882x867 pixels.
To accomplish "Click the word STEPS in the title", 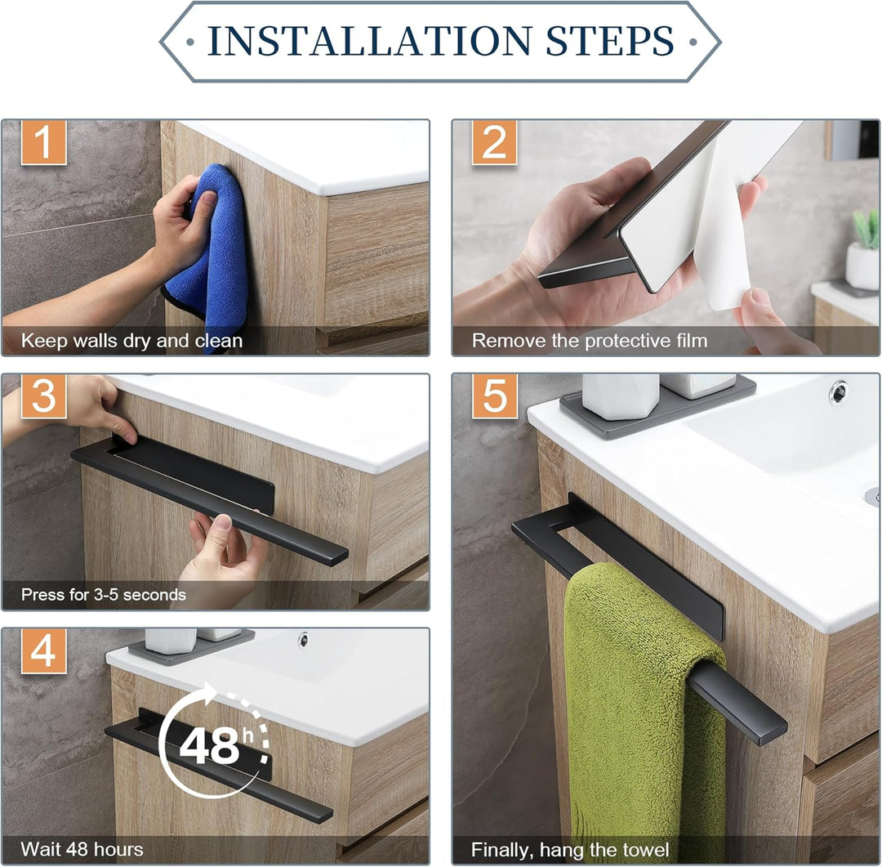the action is tap(610, 41).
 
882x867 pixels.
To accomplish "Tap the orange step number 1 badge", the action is tap(44, 142).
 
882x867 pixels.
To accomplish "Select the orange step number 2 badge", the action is tap(494, 142).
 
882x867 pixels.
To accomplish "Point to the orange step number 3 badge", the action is tap(44, 396).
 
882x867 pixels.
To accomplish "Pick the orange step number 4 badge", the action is tap(44, 651).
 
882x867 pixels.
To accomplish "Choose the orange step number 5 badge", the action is tap(494, 396).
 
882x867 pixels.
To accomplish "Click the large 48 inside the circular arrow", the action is tap(209, 746).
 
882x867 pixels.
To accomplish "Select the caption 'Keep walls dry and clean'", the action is tap(131, 341).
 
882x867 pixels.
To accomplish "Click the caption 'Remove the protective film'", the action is tap(590, 341).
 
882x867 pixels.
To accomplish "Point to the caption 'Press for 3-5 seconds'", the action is tap(104, 595).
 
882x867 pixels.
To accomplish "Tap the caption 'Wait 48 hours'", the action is tap(82, 849).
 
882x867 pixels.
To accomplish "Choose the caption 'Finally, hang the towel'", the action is tap(570, 850).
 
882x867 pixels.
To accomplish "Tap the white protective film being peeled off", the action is tap(726, 226).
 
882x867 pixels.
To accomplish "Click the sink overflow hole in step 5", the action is tap(838, 392).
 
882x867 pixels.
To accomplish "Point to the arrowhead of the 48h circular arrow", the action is tap(209, 693).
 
